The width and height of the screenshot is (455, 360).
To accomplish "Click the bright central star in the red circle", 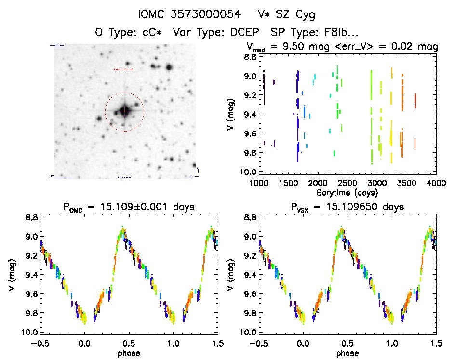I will tap(125, 111).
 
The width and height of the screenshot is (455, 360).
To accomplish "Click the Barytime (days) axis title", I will tap(348, 192).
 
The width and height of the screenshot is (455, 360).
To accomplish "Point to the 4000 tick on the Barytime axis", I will tap(436, 184).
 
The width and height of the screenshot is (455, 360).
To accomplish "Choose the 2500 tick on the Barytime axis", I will tap(348, 184).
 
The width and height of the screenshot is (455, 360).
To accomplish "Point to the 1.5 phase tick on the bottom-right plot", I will tap(436, 343).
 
